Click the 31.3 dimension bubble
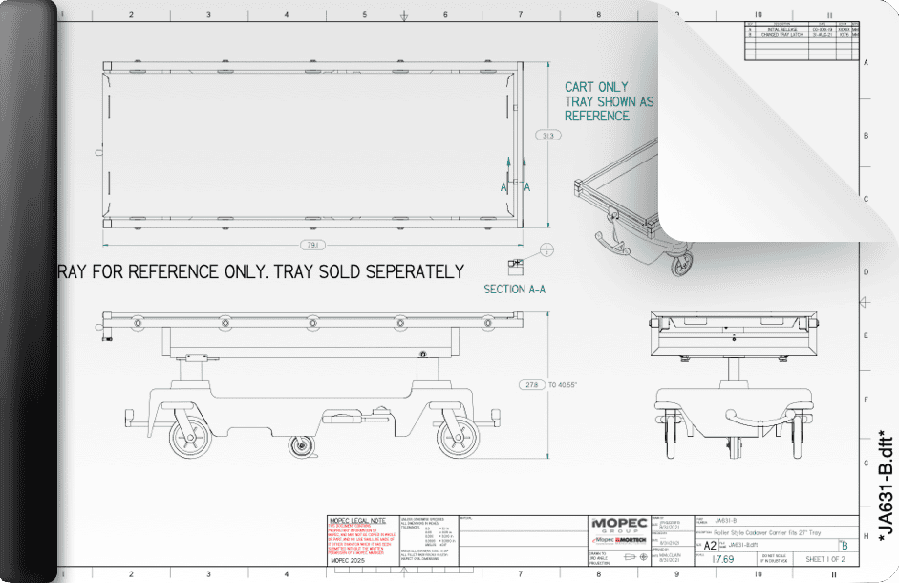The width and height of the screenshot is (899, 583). point(548,137)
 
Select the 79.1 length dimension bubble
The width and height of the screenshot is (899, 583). point(311,245)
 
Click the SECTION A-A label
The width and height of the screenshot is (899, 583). point(518,289)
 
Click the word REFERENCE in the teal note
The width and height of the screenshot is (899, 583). point(597,116)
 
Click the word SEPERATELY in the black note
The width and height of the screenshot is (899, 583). point(402,271)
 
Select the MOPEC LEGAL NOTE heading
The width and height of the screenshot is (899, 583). point(356,519)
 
